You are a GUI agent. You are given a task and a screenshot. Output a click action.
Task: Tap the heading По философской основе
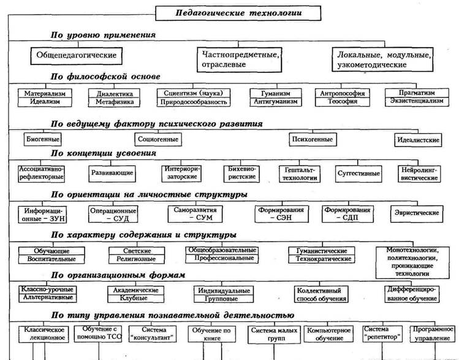click(x=107, y=77)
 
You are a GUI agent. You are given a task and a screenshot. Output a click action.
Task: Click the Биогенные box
click(x=40, y=139)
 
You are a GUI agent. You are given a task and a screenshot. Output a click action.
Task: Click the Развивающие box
click(x=107, y=173)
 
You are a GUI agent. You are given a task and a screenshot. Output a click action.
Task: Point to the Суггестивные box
click(x=355, y=173)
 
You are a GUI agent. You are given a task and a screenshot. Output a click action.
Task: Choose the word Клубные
click(x=131, y=297)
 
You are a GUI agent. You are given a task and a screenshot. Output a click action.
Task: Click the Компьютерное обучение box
click(x=328, y=334)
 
